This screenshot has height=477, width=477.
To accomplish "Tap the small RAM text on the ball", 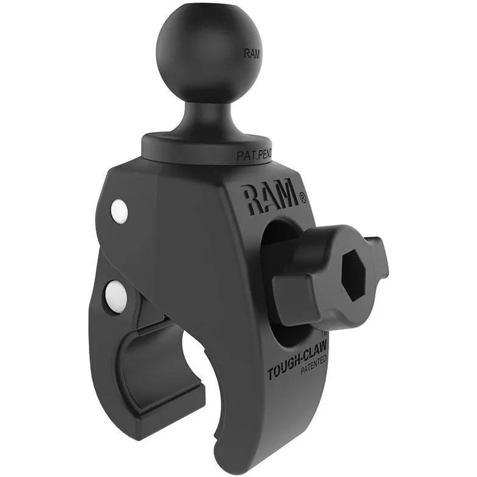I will pos(252,54).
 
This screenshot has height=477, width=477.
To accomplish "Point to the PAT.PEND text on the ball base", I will pos(254,156).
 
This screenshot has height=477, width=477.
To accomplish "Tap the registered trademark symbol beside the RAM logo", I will pos(302,198).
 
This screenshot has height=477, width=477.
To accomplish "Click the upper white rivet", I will pos(119,211).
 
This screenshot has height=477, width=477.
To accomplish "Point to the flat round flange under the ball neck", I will pos(207,146).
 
